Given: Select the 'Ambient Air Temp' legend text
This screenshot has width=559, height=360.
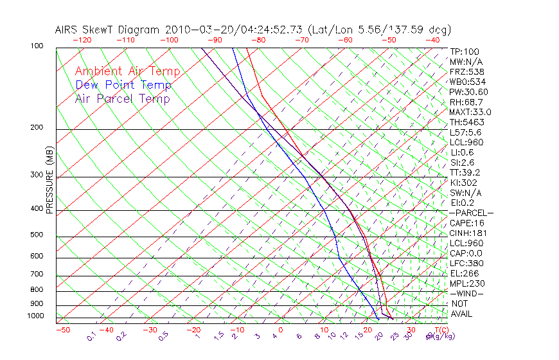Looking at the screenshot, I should pos(128,71).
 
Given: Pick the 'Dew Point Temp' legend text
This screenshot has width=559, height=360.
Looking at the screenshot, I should pos(123,85).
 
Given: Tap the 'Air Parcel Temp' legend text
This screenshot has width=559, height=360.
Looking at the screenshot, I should pos(123,98).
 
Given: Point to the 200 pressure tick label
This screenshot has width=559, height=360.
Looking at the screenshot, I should pos(37,127).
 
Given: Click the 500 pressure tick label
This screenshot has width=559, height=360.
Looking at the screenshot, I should pos(37,235).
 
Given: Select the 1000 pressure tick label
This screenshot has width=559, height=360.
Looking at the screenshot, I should pos(35,316).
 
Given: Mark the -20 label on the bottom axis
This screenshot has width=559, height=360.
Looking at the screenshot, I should pos(193,330).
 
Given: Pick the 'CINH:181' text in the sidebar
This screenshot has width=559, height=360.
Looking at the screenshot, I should pos(466,233).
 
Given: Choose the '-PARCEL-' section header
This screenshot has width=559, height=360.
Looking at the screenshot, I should pos(471,213).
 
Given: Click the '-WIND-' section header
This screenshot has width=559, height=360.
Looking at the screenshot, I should pos(466,293).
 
